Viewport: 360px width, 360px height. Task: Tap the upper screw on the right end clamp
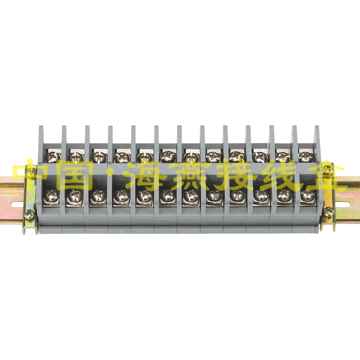click(x=328, y=167)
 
